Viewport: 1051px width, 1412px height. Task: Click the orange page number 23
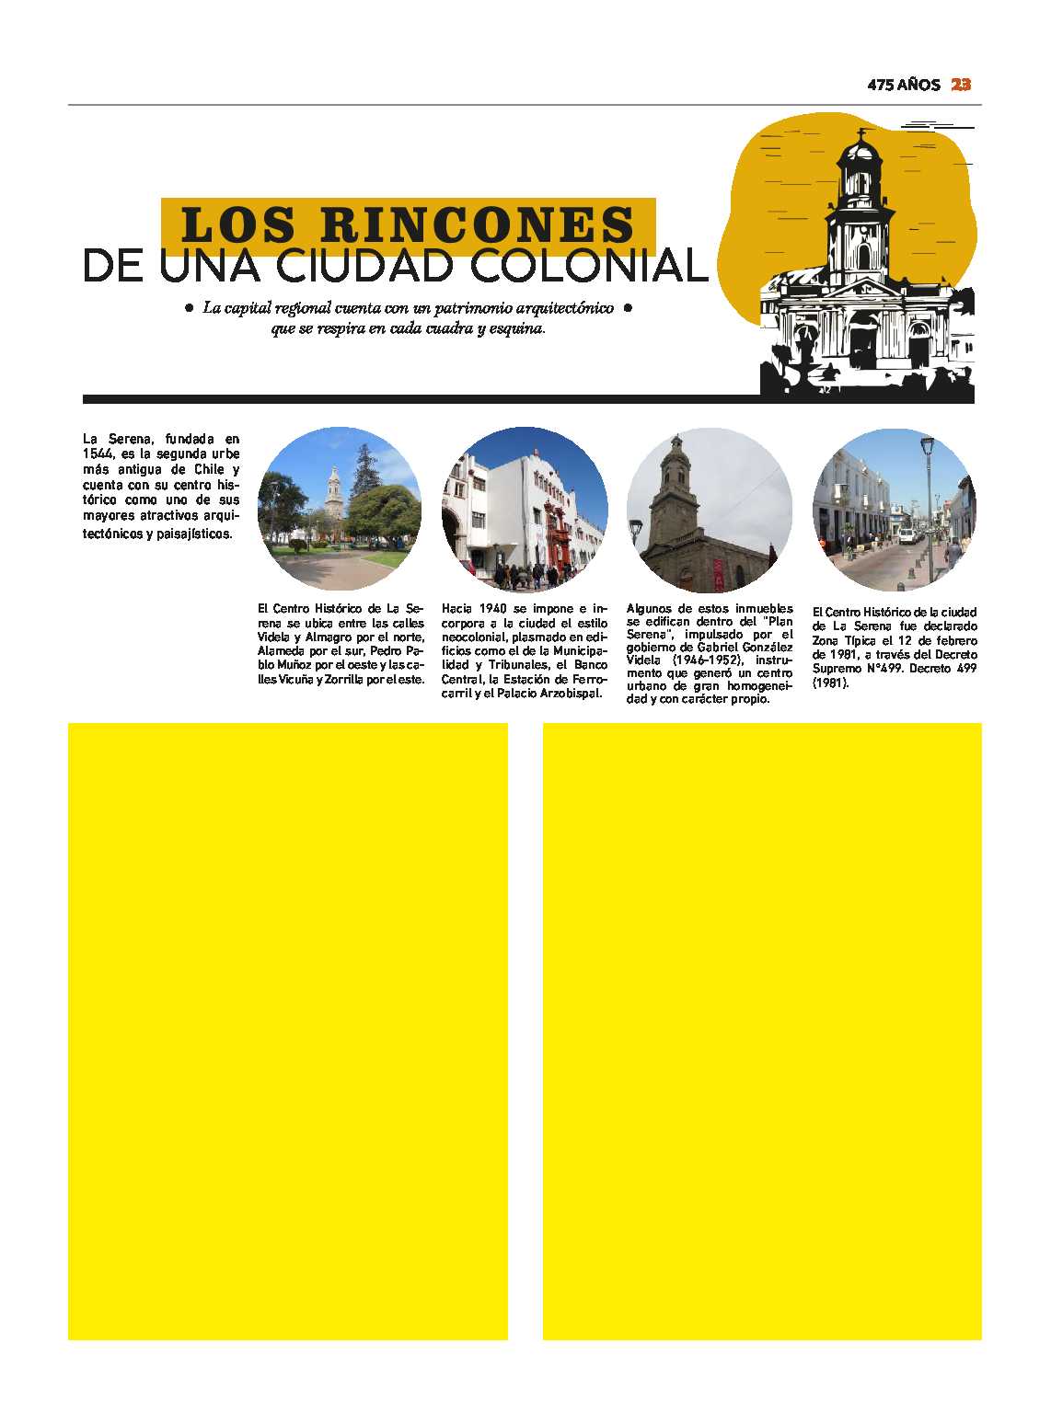pyautogui.click(x=961, y=85)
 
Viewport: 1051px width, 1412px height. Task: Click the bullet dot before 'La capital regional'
pyautogui.click(x=189, y=308)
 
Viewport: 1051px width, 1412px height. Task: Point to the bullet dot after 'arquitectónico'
pyautogui.click(x=628, y=308)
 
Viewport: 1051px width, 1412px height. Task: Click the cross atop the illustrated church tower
pyautogui.click(x=861, y=134)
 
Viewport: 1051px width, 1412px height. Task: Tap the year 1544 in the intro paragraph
pyautogui.click(x=98, y=454)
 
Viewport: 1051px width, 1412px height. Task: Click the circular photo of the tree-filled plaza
pyautogui.click(x=340, y=509)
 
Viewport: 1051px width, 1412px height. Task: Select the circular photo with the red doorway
pyautogui.click(x=525, y=509)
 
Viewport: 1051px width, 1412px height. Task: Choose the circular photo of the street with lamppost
pyautogui.click(x=894, y=509)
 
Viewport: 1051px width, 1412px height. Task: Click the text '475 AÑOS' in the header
pyautogui.click(x=903, y=85)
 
